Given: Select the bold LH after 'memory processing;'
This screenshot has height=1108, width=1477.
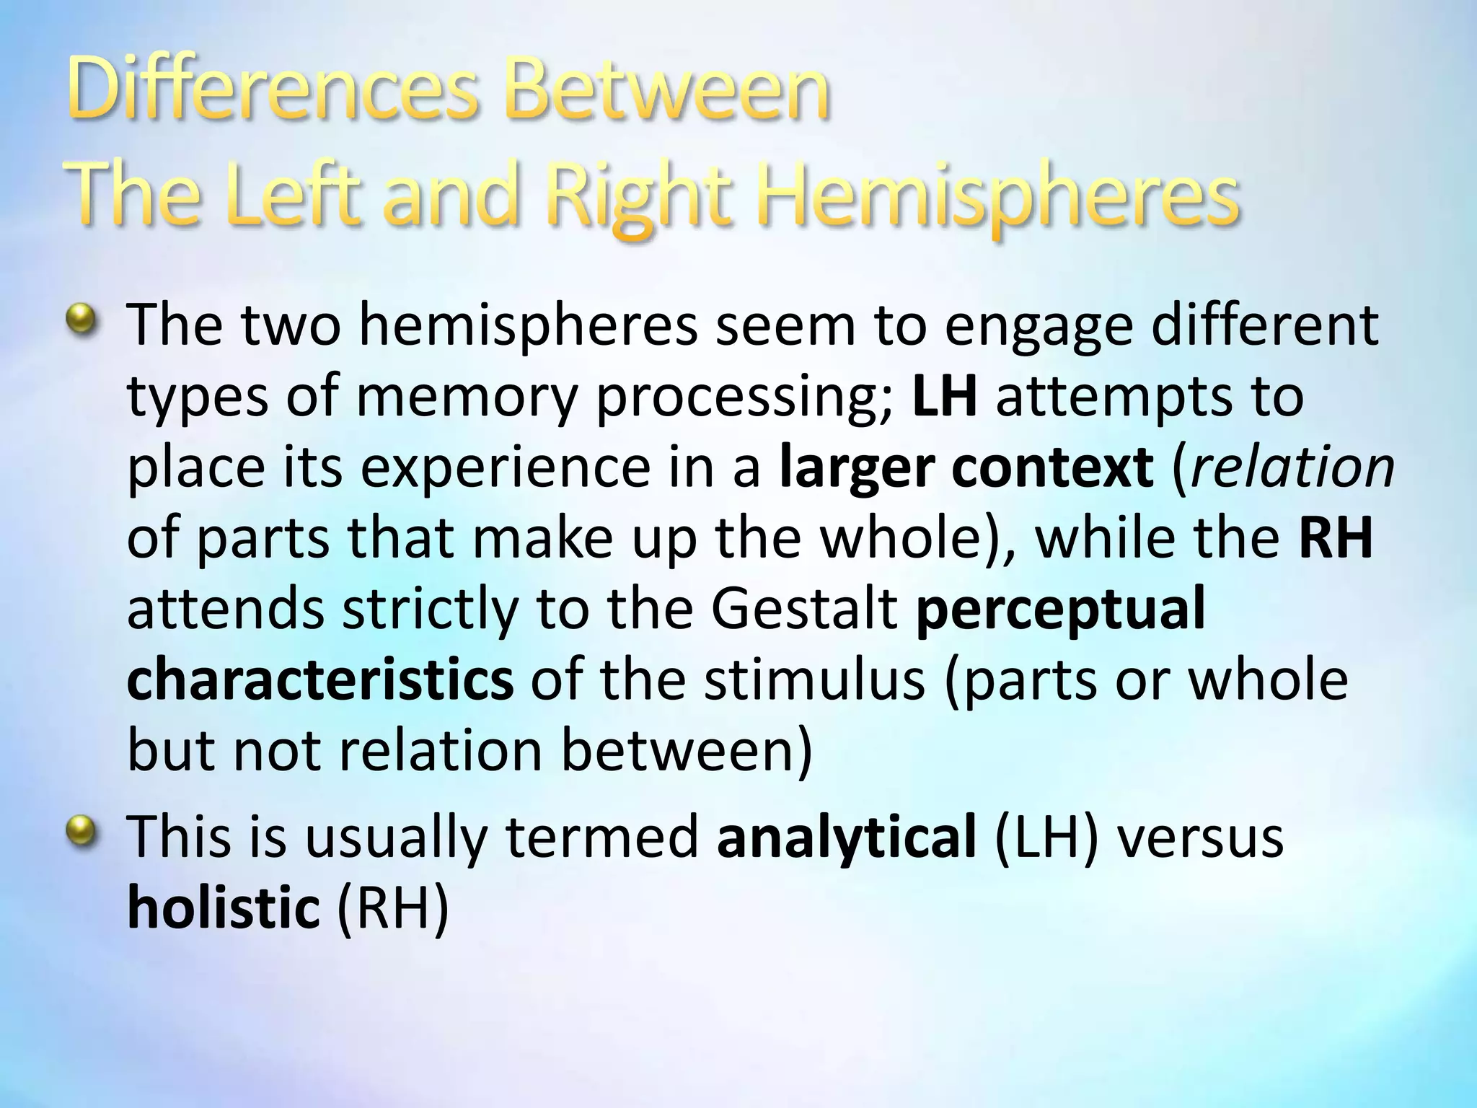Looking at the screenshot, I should [944, 397].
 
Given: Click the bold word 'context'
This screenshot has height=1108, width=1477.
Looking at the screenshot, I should [1052, 467].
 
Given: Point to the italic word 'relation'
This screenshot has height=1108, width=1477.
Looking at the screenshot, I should [1292, 467].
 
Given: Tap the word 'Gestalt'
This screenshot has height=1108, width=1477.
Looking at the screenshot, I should [804, 609].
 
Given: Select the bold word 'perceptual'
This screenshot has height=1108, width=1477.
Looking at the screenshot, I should [1060, 610].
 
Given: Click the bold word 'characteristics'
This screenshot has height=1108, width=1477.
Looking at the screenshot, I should [320, 680].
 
